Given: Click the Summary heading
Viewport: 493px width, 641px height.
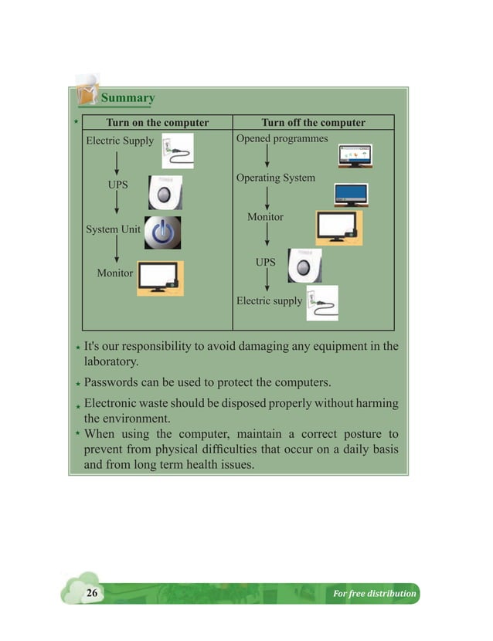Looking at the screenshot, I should pos(127,98).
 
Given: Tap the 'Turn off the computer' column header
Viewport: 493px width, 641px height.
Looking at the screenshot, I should pos(313,123).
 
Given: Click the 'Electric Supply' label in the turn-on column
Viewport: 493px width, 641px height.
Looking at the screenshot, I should pos(120,141).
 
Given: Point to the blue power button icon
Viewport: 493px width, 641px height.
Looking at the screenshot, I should pos(164,232).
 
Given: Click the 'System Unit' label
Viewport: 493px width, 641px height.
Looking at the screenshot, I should pos(113,229).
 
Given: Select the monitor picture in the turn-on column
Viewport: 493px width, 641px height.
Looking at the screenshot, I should pos(161,279).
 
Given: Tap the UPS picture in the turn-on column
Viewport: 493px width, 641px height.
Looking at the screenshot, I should pos(165,192).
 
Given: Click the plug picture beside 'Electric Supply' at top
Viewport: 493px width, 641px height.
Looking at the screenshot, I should pos(177,151).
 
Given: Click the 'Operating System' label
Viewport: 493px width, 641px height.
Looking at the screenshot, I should pos(275,178).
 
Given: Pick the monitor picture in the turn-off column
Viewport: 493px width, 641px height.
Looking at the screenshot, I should pos(338,228).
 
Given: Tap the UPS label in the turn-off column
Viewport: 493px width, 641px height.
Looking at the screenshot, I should pos(265,263).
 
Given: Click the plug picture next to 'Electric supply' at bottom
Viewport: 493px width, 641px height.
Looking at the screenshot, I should pos(321,303).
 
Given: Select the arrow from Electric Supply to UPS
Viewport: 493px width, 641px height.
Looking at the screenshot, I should pos(117,162).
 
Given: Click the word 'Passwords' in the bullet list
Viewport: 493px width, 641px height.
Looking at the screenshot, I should pos(110,382).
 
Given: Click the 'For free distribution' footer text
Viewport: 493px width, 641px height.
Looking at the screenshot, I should pos(374,594).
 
